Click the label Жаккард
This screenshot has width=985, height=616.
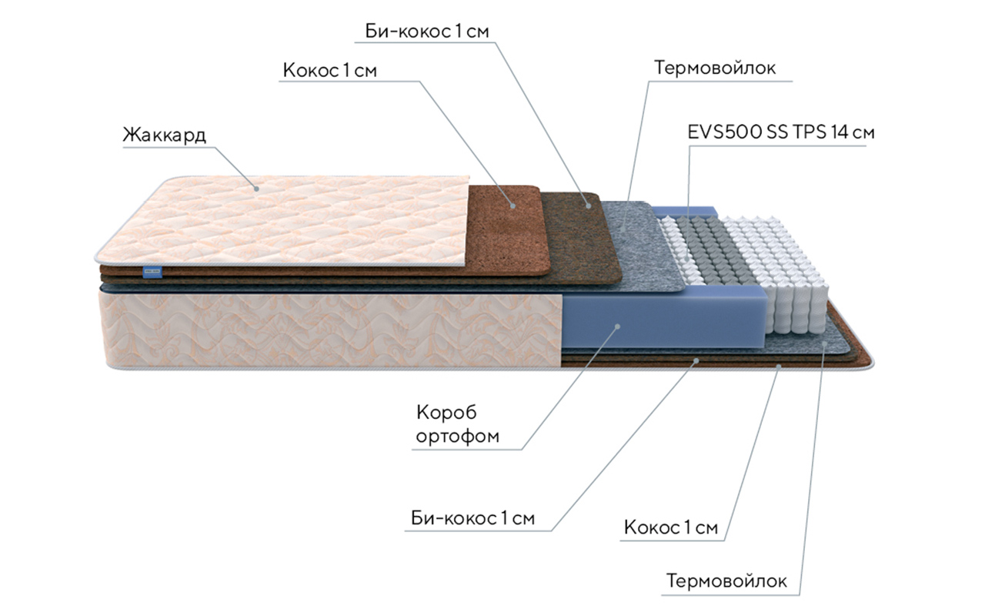coord(164,135)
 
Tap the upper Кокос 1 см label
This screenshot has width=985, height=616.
coord(330,71)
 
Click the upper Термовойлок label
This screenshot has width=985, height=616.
coord(715,68)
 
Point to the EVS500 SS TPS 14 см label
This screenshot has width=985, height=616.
coord(781,132)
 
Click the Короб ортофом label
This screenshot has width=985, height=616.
coord(457,424)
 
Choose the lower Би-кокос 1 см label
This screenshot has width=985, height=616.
coord(472,517)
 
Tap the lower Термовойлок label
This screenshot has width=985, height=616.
coord(727,581)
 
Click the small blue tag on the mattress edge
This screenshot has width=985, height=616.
coord(151,270)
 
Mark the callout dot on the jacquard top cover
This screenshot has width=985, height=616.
coord(257,185)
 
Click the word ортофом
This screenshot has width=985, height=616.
coord(457,437)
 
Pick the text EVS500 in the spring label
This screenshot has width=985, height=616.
coord(724,132)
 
